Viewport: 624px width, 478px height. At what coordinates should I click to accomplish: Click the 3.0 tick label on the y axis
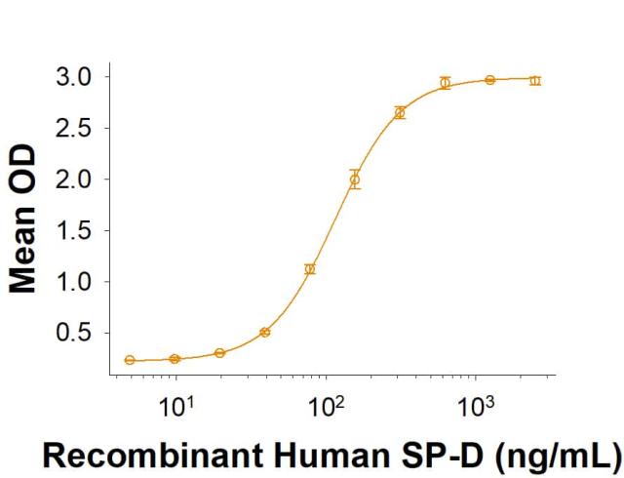pyautogui.click(x=74, y=76)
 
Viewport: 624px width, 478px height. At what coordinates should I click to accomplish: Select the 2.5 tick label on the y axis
pyautogui.click(x=74, y=128)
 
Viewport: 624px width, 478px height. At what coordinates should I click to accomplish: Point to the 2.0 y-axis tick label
pyautogui.click(x=74, y=179)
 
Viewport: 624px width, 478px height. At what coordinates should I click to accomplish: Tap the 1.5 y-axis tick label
pyautogui.click(x=74, y=231)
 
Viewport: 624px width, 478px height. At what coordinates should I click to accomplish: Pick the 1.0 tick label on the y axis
pyautogui.click(x=74, y=282)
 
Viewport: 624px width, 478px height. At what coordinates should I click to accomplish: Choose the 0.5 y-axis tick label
pyautogui.click(x=74, y=334)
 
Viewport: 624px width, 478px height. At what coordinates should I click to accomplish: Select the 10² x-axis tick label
pyautogui.click(x=326, y=404)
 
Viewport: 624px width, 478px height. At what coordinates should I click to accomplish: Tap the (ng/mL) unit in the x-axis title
pyautogui.click(x=547, y=455)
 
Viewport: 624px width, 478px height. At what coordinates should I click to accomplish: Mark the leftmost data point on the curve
pyautogui.click(x=130, y=360)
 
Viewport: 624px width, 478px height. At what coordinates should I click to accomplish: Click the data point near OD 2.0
pyautogui.click(x=355, y=179)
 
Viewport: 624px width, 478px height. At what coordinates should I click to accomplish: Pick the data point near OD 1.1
pyautogui.click(x=310, y=269)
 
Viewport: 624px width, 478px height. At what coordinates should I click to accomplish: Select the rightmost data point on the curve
pyautogui.click(x=534, y=80)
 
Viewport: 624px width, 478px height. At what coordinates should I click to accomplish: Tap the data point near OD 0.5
pyautogui.click(x=264, y=333)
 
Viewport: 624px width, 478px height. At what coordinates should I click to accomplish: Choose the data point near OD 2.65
pyautogui.click(x=400, y=113)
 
